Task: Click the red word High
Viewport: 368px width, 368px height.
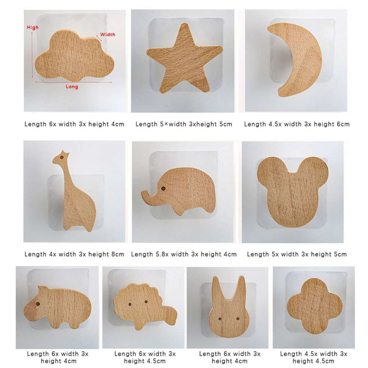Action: [33, 28]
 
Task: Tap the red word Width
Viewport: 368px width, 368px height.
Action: [108, 35]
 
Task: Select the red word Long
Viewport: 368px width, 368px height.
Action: [72, 87]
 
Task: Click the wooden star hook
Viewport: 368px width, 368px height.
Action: [184, 58]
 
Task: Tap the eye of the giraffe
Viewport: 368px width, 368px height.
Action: [62, 157]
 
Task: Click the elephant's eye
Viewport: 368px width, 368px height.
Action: [163, 188]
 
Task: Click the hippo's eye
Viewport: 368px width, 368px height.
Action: [38, 304]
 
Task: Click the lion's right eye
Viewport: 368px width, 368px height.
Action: [146, 302]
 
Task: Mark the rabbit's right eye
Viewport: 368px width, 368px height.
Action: [238, 319]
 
